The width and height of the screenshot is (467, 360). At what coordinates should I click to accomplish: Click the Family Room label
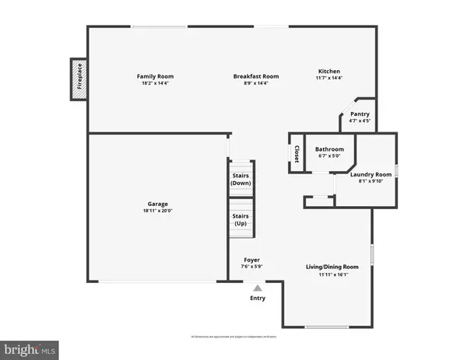(x=155, y=76)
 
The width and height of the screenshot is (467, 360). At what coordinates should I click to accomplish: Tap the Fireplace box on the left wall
(x=79, y=79)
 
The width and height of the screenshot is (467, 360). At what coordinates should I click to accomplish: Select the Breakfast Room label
(x=256, y=76)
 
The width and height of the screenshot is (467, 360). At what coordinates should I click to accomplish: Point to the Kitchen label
(x=329, y=70)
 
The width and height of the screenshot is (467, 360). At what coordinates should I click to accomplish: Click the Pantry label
(x=360, y=114)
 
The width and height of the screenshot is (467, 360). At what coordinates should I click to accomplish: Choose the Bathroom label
(x=329, y=149)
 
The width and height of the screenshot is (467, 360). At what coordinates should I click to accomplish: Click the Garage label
(x=159, y=204)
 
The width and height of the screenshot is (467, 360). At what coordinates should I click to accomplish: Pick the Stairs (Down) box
(x=241, y=179)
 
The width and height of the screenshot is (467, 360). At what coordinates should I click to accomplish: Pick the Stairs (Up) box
(x=241, y=219)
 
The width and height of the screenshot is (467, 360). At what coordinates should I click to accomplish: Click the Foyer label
(x=251, y=260)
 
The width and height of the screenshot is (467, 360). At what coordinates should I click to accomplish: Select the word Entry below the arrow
(x=258, y=299)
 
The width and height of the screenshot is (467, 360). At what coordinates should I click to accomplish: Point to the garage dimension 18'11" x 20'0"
(x=159, y=211)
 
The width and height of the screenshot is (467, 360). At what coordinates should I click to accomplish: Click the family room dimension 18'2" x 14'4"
(x=155, y=83)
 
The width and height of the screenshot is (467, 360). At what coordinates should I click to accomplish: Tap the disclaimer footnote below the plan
(x=233, y=337)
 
